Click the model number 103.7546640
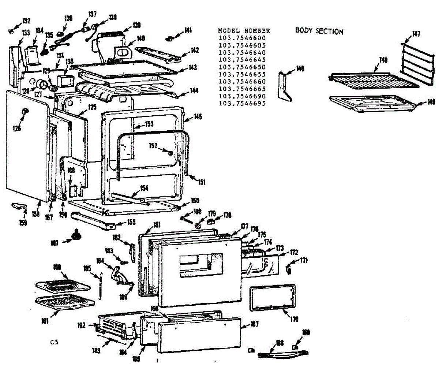[x=242, y=52]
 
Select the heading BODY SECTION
[x=319, y=31]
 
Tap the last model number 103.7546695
[x=242, y=104]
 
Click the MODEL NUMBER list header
[x=244, y=31]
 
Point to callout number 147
[x=416, y=34]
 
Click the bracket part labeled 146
[x=284, y=86]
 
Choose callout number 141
[x=188, y=30]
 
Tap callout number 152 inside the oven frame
[x=153, y=146]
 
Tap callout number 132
[x=26, y=21]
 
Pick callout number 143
[x=193, y=68]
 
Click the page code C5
[x=55, y=342]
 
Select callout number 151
[x=202, y=182]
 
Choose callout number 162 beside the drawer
[x=81, y=324]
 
